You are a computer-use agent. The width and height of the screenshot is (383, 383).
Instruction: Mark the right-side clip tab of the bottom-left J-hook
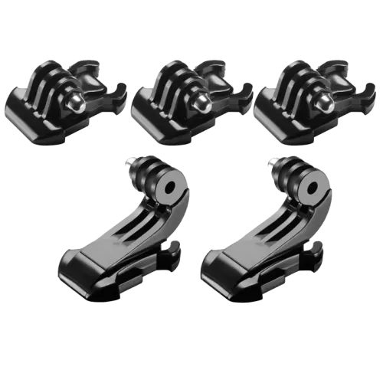click(173, 249)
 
